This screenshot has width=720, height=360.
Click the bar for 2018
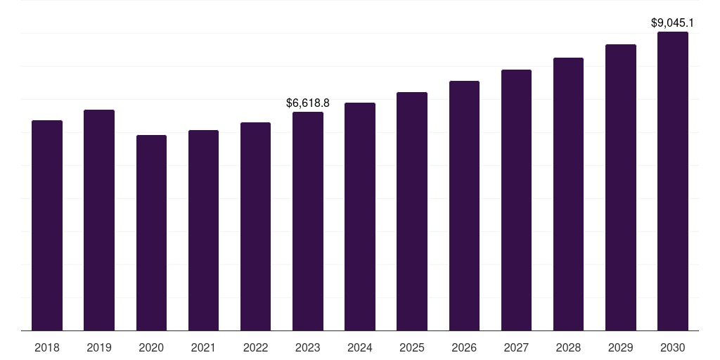47,225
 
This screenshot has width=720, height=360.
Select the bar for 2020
151,232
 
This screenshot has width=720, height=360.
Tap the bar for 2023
308,221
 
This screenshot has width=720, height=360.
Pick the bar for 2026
464,205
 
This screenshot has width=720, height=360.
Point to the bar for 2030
673,181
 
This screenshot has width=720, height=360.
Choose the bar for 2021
203,230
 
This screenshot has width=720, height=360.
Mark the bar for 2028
568,194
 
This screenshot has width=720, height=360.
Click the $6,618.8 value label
308,103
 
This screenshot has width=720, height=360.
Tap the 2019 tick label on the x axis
99,347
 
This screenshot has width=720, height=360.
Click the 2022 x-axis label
255,347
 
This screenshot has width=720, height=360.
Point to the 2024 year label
360,347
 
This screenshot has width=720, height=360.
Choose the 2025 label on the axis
412,347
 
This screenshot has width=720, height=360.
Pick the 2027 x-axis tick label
516,347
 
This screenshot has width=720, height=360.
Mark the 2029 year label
620,347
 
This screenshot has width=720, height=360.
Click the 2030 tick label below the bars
673,347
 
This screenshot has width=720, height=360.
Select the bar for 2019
99,220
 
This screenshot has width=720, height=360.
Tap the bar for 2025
412,211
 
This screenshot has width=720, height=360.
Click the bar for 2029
620,187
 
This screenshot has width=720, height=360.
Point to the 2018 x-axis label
47,347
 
